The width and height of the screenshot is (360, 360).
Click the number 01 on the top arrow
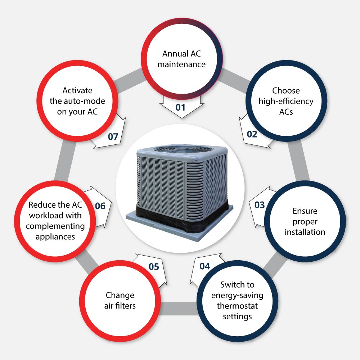tap(180, 107)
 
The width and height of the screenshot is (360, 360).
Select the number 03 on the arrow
tap(260, 205)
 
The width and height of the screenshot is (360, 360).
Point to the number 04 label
tap(204, 266)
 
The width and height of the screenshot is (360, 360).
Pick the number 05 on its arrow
tap(154, 266)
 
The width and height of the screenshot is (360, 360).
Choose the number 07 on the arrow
tap(113, 136)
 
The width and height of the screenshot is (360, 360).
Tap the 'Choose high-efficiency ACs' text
tap(286, 101)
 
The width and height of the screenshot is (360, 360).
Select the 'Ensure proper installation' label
tap(305, 221)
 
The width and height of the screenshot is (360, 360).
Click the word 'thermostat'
tap(237, 306)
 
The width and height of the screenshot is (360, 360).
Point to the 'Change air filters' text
tap(120, 301)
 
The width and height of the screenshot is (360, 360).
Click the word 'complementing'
tap(55, 226)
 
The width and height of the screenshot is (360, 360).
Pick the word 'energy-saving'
tap(237, 296)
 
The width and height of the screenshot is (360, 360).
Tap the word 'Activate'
tap(77, 90)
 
